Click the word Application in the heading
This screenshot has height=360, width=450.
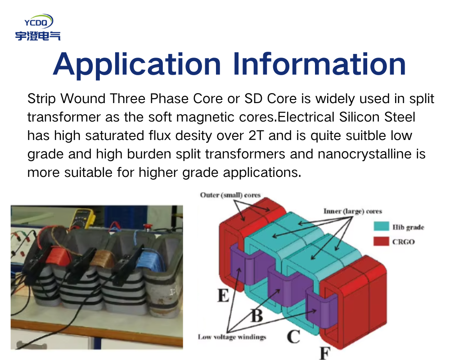(x=137, y=64)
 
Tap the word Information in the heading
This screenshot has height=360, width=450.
(x=319, y=63)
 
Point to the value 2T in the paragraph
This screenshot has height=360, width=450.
(x=256, y=135)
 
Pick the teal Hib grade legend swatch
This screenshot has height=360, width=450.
(x=381, y=226)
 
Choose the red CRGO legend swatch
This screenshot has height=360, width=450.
(x=381, y=241)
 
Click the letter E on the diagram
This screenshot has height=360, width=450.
(x=223, y=295)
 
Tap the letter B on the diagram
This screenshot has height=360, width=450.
(x=257, y=315)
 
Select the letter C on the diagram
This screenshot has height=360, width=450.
(x=293, y=337)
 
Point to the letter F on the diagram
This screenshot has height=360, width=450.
(x=325, y=353)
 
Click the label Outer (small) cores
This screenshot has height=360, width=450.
(x=230, y=195)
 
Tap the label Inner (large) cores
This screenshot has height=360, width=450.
(x=353, y=211)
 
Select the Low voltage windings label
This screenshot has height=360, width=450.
(x=232, y=337)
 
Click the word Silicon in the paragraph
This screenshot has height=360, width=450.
(x=359, y=117)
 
